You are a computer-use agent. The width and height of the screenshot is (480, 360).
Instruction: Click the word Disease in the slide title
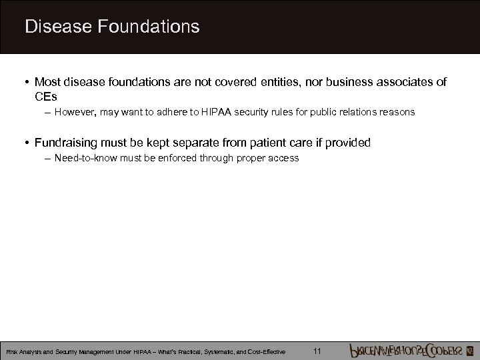57,27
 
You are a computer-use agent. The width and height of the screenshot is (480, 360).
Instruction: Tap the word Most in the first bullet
47,82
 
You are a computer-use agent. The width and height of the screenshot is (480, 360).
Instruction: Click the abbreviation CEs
45,96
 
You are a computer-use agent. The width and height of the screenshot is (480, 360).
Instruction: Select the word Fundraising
67,143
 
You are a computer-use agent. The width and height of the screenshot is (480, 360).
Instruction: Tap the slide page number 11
317,351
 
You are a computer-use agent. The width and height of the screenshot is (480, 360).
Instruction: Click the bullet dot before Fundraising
25,143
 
